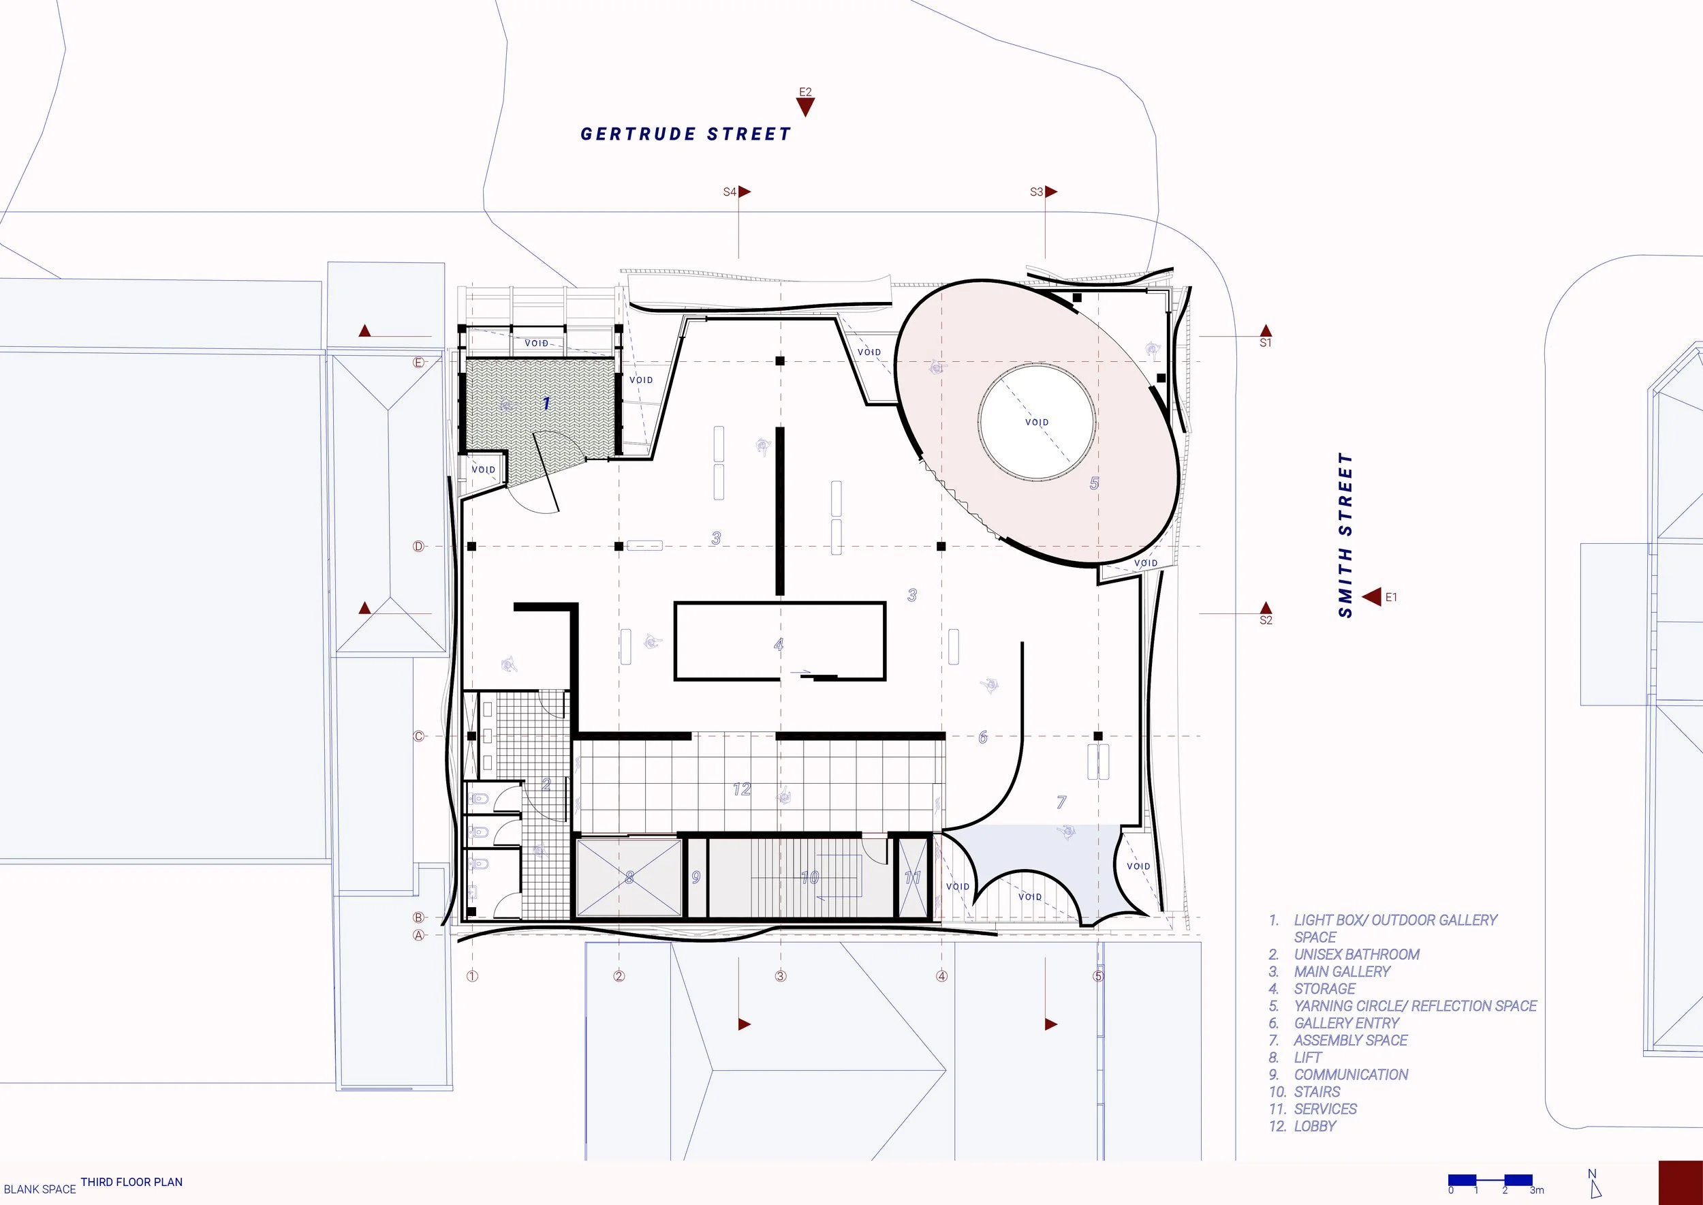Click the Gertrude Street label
pyautogui.click(x=685, y=134)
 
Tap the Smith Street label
pyautogui.click(x=1345, y=535)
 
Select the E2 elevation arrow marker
pyautogui.click(x=804, y=107)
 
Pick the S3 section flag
pyautogui.click(x=1050, y=192)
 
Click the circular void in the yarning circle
pyautogui.click(x=1036, y=421)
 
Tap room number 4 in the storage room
pyautogui.click(x=778, y=644)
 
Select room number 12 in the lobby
pyautogui.click(x=742, y=789)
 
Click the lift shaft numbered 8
pyautogui.click(x=629, y=877)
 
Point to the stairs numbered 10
pyautogui.click(x=809, y=877)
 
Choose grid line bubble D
pyautogui.click(x=418, y=546)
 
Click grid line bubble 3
pyautogui.click(x=780, y=977)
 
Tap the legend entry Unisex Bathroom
pyautogui.click(x=1356, y=954)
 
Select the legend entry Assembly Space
pyautogui.click(x=1350, y=1040)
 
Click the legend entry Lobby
pyautogui.click(x=1315, y=1126)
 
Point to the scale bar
pyautogui.click(x=1491, y=1180)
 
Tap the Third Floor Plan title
pyautogui.click(x=131, y=1182)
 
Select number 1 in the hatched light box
pyautogui.click(x=546, y=403)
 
